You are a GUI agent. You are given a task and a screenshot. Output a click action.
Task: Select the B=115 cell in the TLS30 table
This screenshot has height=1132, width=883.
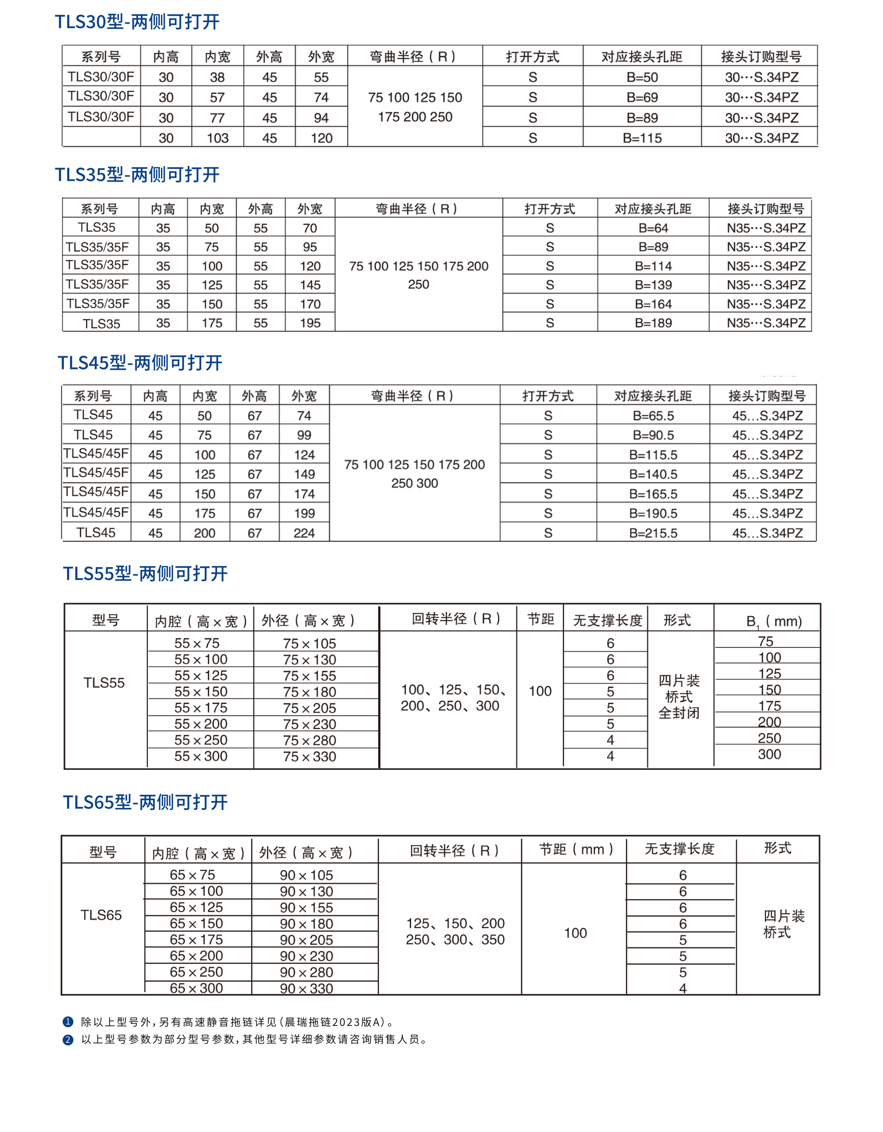pyautogui.click(x=642, y=138)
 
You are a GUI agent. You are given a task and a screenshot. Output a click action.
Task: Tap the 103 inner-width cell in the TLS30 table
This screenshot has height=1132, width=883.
pyautogui.click(x=217, y=138)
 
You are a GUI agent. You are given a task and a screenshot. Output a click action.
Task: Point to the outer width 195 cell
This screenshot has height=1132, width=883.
pyautogui.click(x=310, y=323)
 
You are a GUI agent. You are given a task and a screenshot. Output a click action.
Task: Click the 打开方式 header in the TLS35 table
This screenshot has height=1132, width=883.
pyautogui.click(x=549, y=209)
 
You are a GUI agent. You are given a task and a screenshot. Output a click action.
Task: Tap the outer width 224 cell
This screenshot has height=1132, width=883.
pyautogui.click(x=304, y=533)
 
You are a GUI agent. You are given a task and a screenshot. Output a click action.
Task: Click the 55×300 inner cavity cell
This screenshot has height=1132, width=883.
pyautogui.click(x=201, y=756)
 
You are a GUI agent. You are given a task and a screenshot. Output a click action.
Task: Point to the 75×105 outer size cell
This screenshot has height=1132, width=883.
pyautogui.click(x=309, y=643)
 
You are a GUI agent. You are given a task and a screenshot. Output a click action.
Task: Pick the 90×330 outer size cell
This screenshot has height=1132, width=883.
pyautogui.click(x=306, y=989)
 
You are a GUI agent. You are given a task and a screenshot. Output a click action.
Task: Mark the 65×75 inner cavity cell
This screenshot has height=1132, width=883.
pyautogui.click(x=192, y=875)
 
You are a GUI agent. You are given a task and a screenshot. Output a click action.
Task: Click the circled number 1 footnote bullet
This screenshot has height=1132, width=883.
pyautogui.click(x=68, y=1022)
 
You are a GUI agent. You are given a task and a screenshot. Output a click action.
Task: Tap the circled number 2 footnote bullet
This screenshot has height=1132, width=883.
pyautogui.click(x=68, y=1040)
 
